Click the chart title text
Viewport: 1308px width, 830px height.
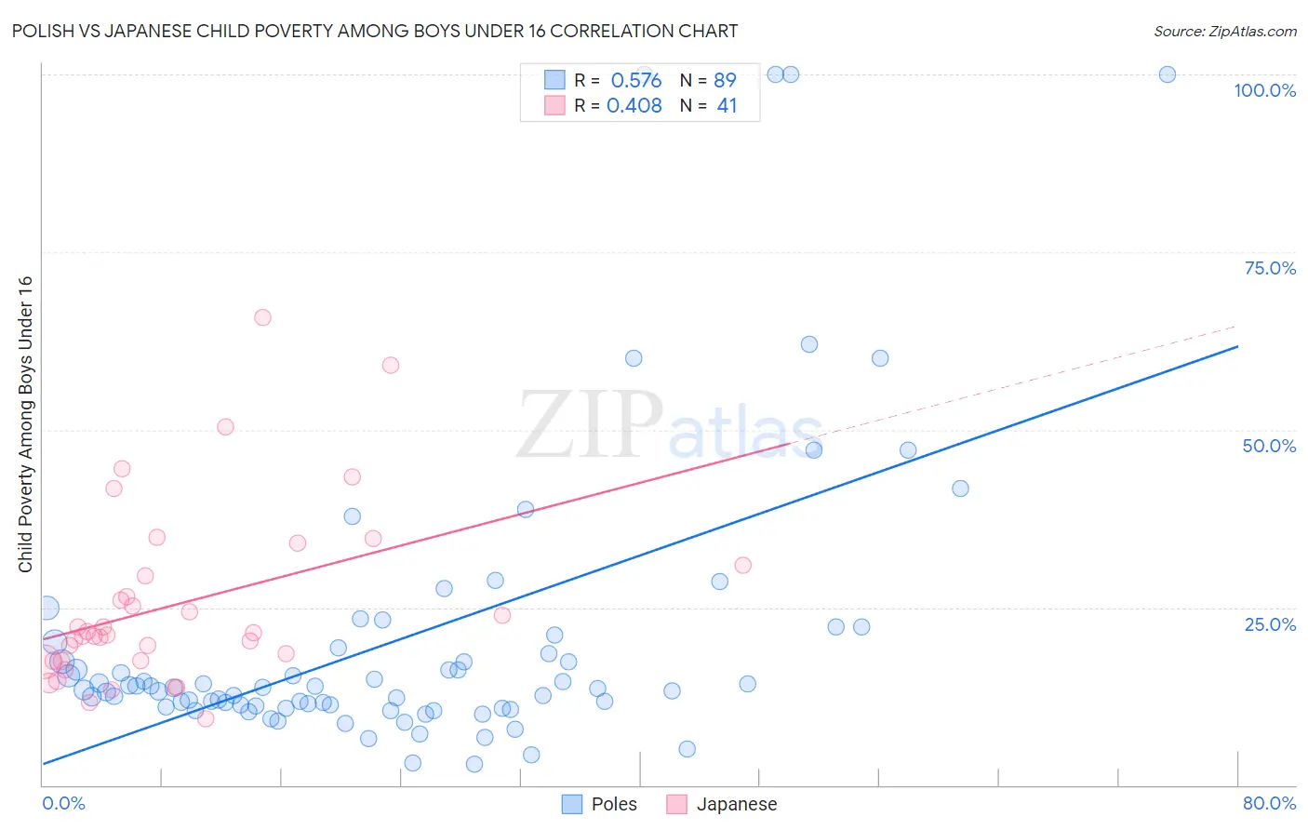pyautogui.click(x=375, y=32)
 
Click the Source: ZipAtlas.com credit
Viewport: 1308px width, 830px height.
pyautogui.click(x=1224, y=32)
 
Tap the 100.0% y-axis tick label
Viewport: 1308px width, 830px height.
pyautogui.click(x=1264, y=90)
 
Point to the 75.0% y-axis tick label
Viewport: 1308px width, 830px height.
pyautogui.click(x=1270, y=268)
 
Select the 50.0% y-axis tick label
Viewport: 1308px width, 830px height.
pyautogui.click(x=1269, y=446)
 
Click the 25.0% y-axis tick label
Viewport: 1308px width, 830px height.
pyautogui.click(x=1270, y=624)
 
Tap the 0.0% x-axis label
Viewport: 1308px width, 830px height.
pyautogui.click(x=63, y=803)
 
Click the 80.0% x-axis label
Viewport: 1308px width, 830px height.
pyautogui.click(x=1269, y=803)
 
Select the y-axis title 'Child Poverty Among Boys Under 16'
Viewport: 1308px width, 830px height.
pyautogui.click(x=26, y=424)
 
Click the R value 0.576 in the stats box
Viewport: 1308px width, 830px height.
pyautogui.click(x=636, y=81)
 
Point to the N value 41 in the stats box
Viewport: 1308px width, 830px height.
pyautogui.click(x=727, y=106)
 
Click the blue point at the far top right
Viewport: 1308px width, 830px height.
pyautogui.click(x=1167, y=74)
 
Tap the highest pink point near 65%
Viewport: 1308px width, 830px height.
pyautogui.click(x=262, y=317)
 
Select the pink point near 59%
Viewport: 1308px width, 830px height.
pyautogui.click(x=391, y=366)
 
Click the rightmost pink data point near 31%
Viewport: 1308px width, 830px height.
pyautogui.click(x=742, y=565)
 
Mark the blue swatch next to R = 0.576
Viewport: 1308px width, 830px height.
pyautogui.click(x=554, y=81)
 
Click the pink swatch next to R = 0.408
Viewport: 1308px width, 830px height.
pyautogui.click(x=554, y=106)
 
